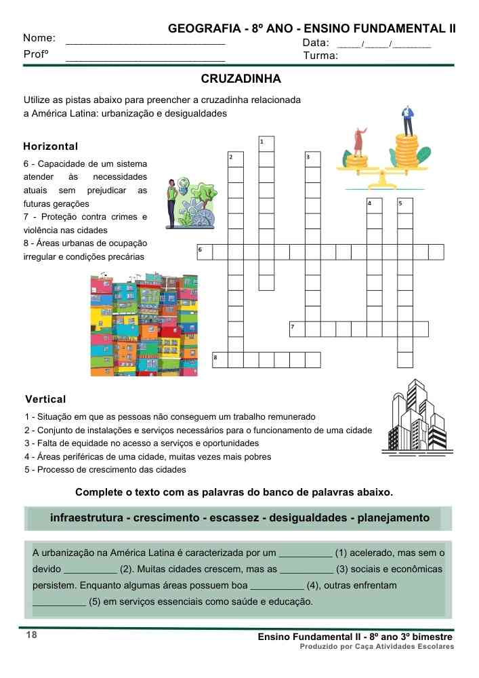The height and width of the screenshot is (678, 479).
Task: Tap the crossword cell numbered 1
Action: click(x=266, y=144)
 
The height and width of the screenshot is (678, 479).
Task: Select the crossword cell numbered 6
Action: click(x=204, y=252)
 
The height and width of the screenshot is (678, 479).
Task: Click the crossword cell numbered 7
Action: click(x=297, y=329)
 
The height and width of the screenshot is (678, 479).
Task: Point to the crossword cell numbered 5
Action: click(x=404, y=205)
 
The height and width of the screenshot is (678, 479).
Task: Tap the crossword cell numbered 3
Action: click(x=312, y=159)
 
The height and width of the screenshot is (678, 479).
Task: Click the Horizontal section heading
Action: click(x=51, y=146)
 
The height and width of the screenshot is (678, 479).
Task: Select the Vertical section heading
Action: click(x=45, y=399)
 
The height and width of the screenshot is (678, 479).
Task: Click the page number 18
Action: click(x=32, y=635)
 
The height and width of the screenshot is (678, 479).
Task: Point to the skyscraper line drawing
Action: click(x=416, y=416)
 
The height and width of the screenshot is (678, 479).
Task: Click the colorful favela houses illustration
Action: click(x=144, y=325)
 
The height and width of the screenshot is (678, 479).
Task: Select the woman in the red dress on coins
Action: click(x=358, y=141)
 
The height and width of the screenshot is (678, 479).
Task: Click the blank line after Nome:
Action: click(x=145, y=42)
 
